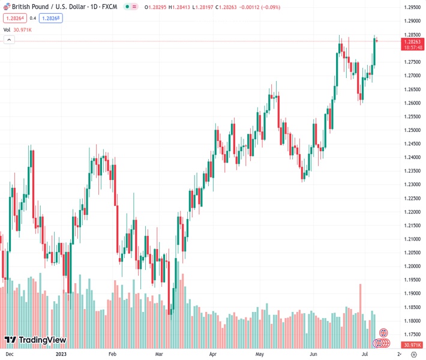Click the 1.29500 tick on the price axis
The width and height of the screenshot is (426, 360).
(412, 7)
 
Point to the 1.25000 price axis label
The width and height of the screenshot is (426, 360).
(412, 130)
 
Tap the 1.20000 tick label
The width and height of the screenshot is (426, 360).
(412, 266)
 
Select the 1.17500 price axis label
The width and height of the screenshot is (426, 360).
(412, 334)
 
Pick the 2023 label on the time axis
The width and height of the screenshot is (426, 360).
(61, 355)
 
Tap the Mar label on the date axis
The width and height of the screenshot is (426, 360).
(159, 355)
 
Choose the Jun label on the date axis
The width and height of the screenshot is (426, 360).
(314, 355)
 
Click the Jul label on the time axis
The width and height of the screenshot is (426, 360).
(364, 355)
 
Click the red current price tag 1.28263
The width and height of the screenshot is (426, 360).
(412, 42)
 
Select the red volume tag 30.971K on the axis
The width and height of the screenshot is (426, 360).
(412, 345)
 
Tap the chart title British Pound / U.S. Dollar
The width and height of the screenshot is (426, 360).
(54, 7)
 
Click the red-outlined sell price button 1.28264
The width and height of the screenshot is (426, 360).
(14, 18)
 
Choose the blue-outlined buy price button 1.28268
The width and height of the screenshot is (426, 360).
(51, 18)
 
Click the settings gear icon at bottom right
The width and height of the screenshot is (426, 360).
(413, 355)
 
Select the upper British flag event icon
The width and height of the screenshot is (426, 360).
(383, 333)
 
